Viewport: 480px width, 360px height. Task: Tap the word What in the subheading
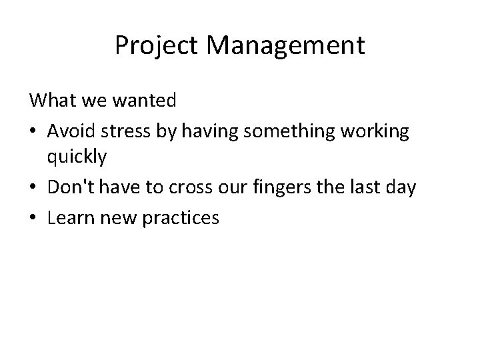point(51,101)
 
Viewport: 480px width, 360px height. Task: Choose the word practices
point(180,217)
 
